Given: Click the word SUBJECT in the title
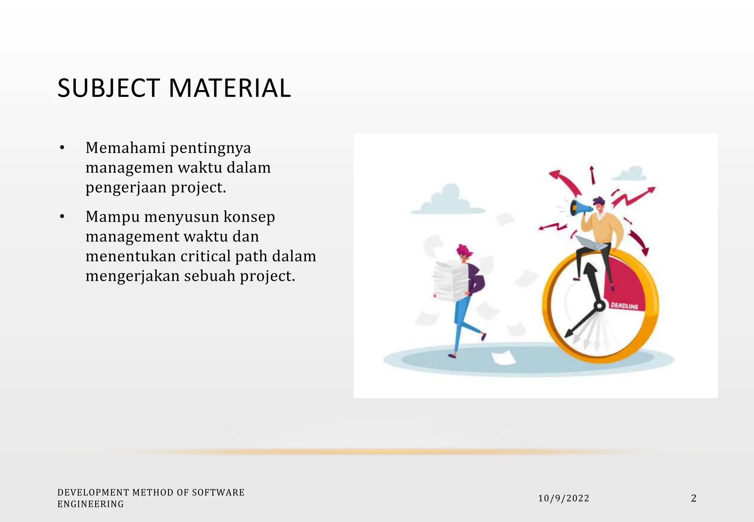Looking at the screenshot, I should click(x=109, y=88).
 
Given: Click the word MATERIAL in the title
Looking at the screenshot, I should click(x=230, y=88).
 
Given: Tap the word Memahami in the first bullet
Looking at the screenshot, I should click(x=126, y=148).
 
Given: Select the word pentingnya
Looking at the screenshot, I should click(x=211, y=148).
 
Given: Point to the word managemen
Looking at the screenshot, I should click(x=129, y=168).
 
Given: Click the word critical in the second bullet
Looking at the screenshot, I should click(x=205, y=256).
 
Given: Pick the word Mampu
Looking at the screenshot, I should click(x=113, y=217).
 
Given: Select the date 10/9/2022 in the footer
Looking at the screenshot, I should click(x=564, y=498).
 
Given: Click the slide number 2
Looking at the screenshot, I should click(x=694, y=498).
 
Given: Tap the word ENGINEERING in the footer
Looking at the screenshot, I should click(x=91, y=504).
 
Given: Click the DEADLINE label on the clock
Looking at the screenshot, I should click(x=624, y=306).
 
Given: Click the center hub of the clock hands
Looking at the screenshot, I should click(x=599, y=306).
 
